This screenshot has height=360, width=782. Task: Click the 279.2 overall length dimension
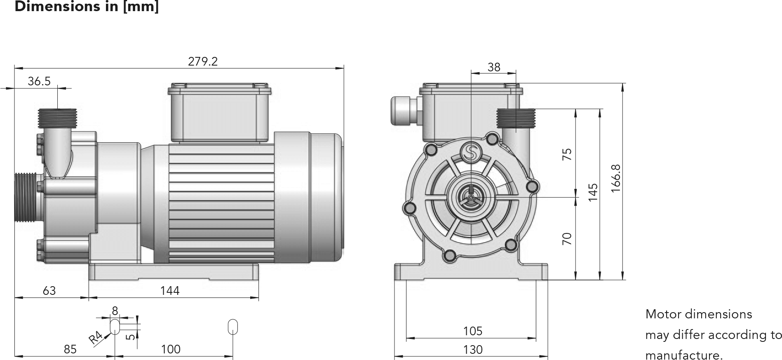click(202, 61)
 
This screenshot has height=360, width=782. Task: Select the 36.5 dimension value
click(39, 81)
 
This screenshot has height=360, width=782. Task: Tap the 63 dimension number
click(49, 291)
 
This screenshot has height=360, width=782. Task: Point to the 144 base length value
click(170, 291)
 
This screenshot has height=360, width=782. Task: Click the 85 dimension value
click(70, 349)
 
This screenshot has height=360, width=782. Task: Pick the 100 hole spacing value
click(171, 349)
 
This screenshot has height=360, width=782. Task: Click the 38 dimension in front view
click(494, 67)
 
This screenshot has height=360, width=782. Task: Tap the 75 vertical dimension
click(567, 154)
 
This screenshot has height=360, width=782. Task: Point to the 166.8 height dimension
click(616, 178)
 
